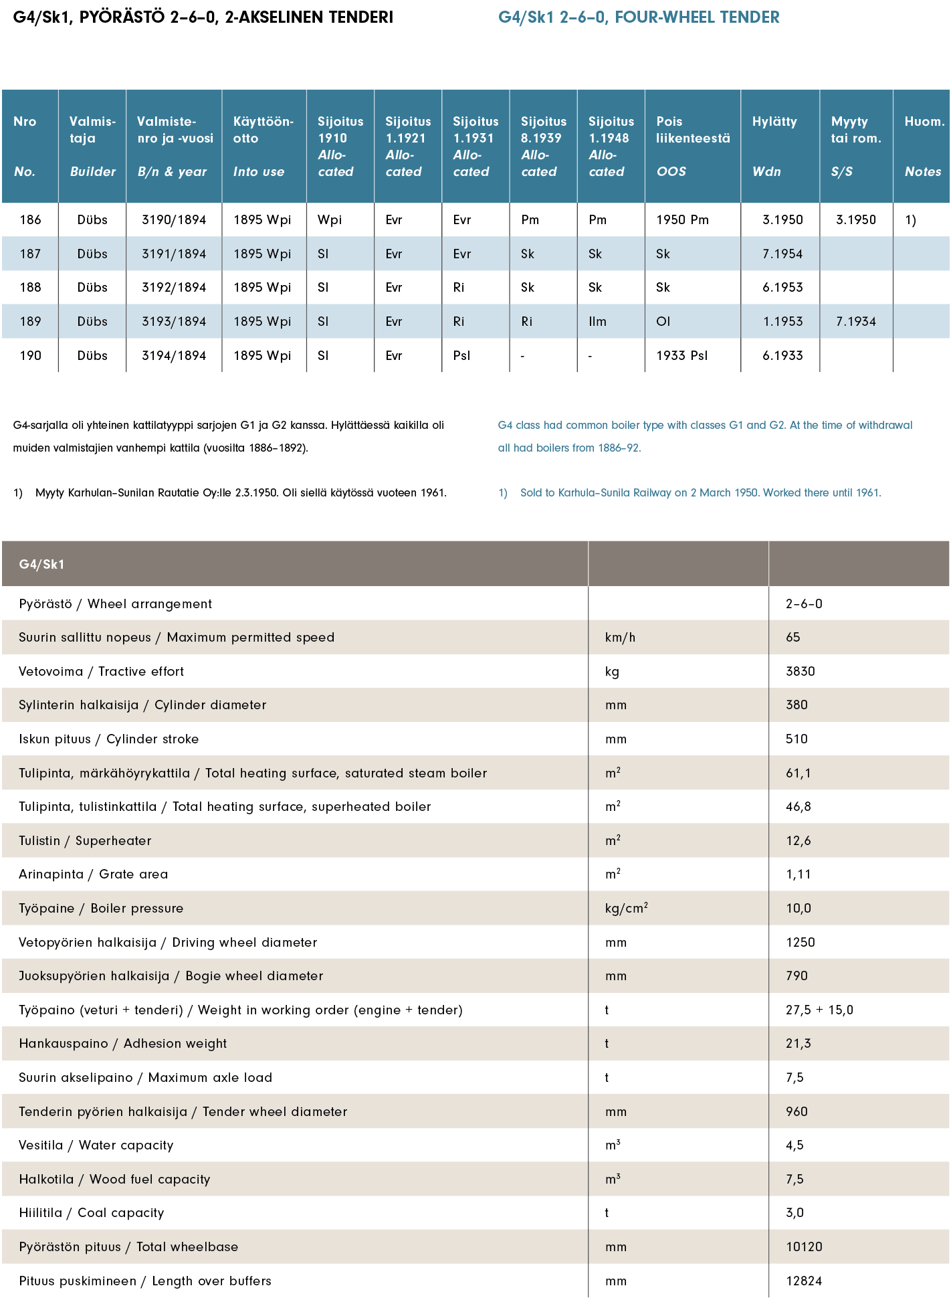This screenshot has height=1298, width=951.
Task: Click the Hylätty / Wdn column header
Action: (774, 146)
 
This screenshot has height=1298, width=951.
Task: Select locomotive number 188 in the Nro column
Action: (30, 288)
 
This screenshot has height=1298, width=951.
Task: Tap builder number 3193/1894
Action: (174, 322)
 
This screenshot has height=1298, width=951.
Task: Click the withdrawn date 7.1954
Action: (782, 254)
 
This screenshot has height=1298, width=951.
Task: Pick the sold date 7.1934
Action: (855, 322)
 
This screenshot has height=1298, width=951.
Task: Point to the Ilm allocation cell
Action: (597, 322)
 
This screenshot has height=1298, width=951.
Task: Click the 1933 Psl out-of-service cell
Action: (681, 356)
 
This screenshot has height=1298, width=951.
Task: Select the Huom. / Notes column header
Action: (924, 146)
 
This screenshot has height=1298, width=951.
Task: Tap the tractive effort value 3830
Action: (800, 672)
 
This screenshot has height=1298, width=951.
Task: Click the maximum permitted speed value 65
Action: (793, 638)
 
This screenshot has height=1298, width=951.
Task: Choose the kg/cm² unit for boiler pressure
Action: (626, 909)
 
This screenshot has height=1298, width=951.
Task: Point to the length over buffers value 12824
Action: (804, 1281)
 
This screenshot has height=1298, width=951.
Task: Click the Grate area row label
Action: (94, 874)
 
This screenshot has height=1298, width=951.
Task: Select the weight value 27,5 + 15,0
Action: (819, 1010)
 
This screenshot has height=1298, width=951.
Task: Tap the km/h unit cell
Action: (620, 638)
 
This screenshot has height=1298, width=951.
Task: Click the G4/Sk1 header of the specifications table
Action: (41, 565)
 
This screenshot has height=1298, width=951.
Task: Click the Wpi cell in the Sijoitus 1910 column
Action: (330, 220)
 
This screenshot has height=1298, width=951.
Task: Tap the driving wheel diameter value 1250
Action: (800, 943)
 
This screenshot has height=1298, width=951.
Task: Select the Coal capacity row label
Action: (91, 1213)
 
